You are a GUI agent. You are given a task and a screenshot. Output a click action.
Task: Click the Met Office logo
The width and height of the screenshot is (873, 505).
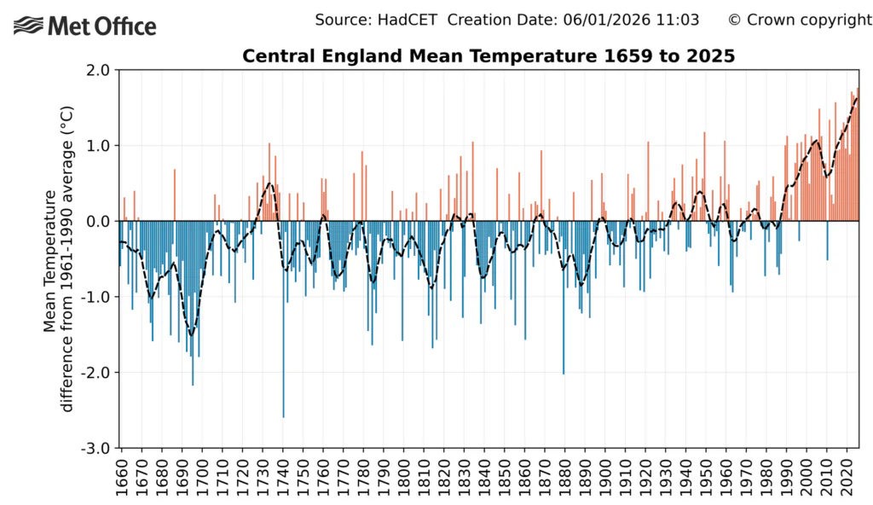(86, 26)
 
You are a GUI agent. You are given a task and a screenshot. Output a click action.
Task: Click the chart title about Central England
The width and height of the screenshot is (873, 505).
(489, 56)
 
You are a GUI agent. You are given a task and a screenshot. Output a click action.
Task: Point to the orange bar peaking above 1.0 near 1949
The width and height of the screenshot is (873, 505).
(704, 179)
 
